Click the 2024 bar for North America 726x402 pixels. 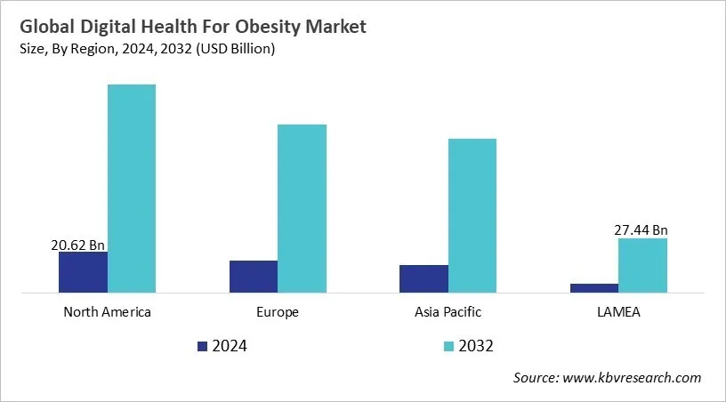coord(83,271)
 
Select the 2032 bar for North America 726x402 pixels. coord(132,188)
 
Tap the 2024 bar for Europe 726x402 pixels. coord(254,276)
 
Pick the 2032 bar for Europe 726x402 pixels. coord(302,207)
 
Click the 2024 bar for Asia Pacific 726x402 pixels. coord(423,278)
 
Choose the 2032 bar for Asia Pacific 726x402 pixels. coord(472,214)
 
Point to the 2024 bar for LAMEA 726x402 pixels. coord(593,287)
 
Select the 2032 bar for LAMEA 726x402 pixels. coord(642,264)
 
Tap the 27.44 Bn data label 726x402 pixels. coord(641,229)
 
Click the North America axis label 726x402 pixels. coord(107,312)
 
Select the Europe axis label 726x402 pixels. coord(278,312)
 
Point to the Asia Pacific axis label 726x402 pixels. coord(448,312)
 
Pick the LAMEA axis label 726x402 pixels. coord(618,312)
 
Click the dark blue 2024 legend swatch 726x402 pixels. coord(202,346)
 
